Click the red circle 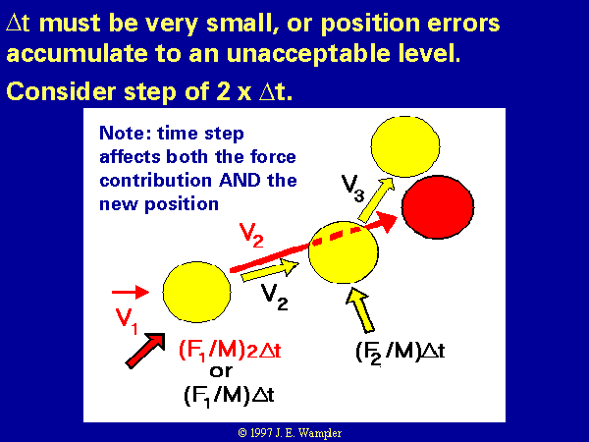pos(438,207)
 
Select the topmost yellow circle pos(405,146)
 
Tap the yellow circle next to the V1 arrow pos(197,292)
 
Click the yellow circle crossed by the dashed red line pos(344,252)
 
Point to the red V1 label pos(127,321)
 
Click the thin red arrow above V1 pos(131,292)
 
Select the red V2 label pos(251,236)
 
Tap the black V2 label pos(275,297)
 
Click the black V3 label pos(353,189)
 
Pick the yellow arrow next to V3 pos(376,199)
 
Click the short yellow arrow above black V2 pos(270,270)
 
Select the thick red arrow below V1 pos(145,351)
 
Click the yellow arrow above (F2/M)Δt pos(360,310)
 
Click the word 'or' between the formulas pos(221,371)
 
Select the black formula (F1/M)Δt pos(229,396)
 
